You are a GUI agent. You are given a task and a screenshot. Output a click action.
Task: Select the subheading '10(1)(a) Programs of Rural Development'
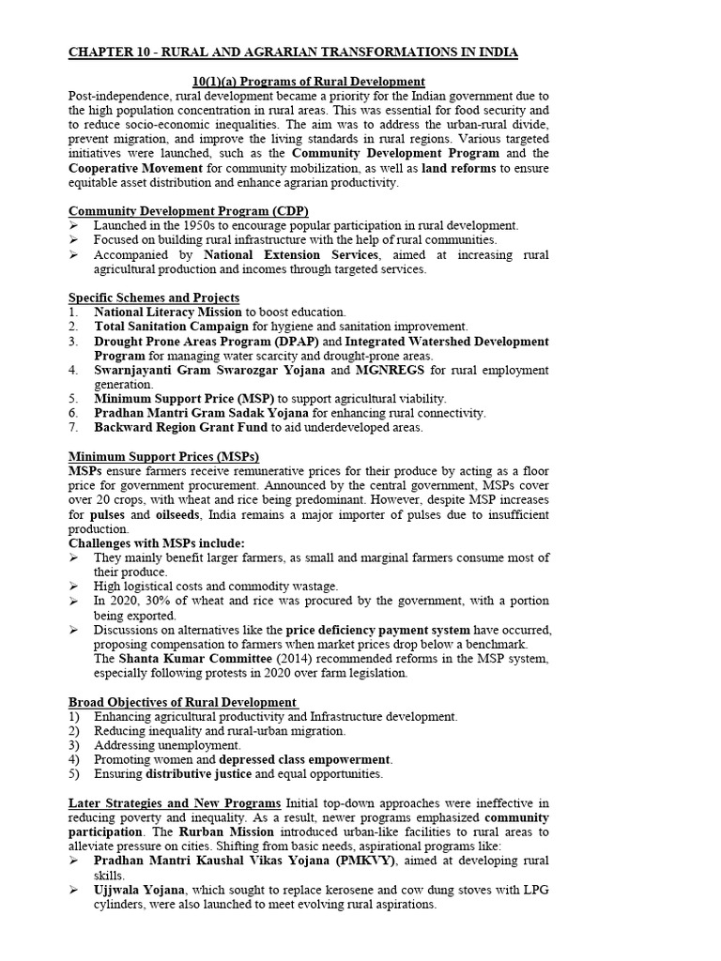[x=305, y=82]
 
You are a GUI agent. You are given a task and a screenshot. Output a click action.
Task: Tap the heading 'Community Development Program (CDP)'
[x=189, y=210]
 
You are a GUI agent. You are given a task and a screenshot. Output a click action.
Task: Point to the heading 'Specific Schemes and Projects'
[x=154, y=297]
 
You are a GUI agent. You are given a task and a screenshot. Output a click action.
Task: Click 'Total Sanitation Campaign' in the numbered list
[x=171, y=327]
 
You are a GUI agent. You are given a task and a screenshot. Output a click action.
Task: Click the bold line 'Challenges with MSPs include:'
[x=157, y=543]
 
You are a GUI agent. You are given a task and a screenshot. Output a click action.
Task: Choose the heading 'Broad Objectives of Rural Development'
[x=183, y=702]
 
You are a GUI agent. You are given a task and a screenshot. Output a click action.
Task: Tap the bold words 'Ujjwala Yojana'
[x=137, y=890]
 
